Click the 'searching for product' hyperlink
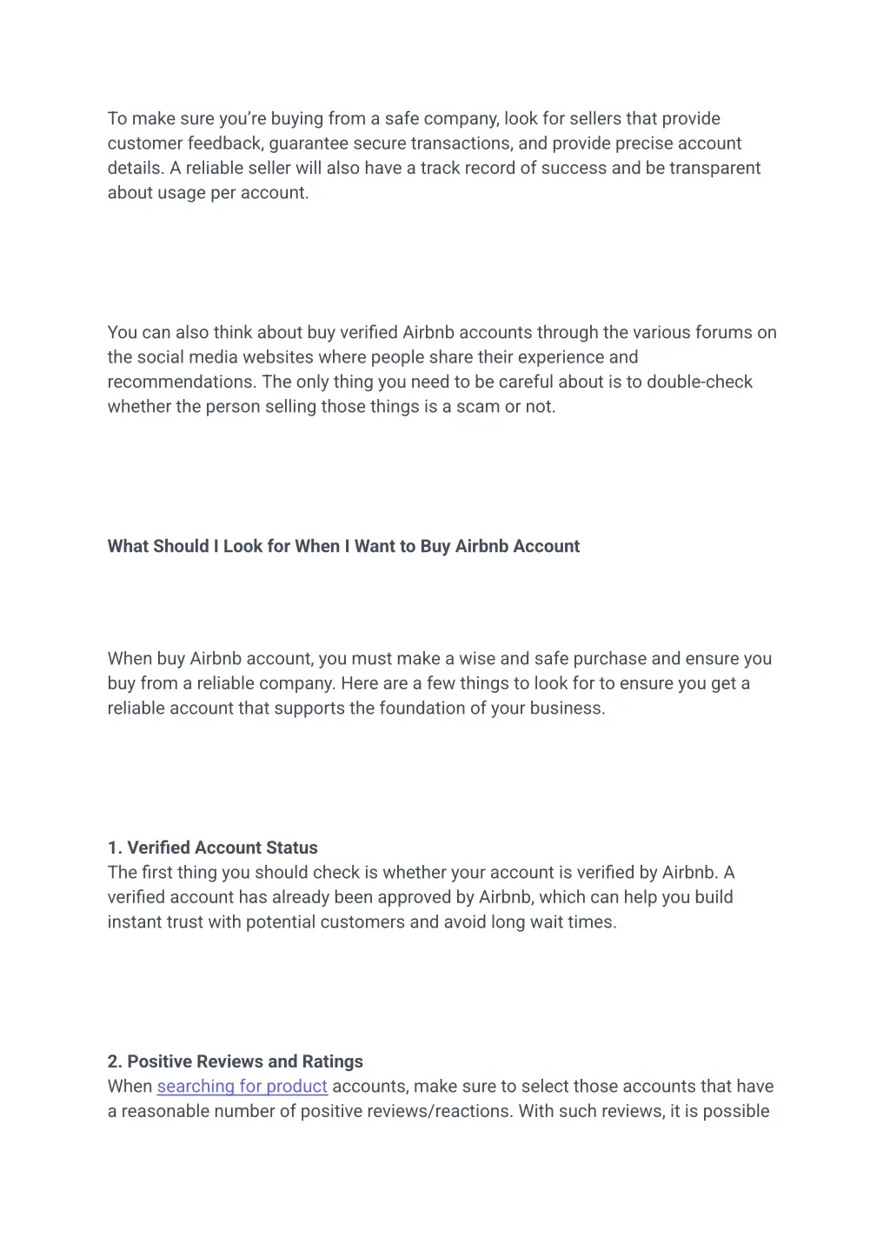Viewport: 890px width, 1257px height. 242,1087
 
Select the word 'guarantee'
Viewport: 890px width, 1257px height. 305,143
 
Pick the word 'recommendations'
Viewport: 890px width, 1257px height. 180,382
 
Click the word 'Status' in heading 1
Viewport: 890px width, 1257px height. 293,848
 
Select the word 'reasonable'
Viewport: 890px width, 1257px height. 163,1112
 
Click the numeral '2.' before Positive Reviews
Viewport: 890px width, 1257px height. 115,1061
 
